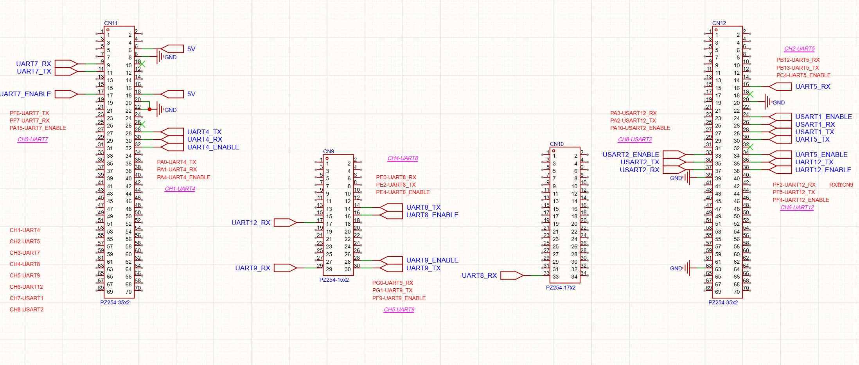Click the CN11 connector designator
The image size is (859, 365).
tap(111, 23)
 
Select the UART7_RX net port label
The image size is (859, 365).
tap(34, 64)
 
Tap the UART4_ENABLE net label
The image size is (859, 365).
tap(213, 147)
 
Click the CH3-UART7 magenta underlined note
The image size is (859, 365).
tap(33, 140)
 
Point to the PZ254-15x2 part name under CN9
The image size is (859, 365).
tap(334, 280)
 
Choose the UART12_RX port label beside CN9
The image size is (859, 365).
tap(251, 223)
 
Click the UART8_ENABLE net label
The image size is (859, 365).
tap(432, 215)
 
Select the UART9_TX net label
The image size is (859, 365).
tap(423, 268)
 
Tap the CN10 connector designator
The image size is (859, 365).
tap(557, 144)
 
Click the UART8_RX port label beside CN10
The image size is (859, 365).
tap(479, 275)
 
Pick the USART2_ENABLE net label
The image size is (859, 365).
tap(631, 155)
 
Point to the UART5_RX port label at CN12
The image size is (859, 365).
tap(813, 86)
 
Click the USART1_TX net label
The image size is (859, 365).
tap(815, 132)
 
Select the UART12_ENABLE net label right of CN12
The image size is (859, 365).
tap(823, 170)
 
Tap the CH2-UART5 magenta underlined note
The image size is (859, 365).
tap(800, 49)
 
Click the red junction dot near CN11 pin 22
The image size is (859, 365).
tap(149, 110)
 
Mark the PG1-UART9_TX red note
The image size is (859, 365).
tap(392, 290)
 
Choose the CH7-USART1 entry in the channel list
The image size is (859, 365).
tap(27, 298)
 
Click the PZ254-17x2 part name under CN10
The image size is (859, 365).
tap(561, 288)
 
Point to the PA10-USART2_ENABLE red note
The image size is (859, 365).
tap(640, 128)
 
